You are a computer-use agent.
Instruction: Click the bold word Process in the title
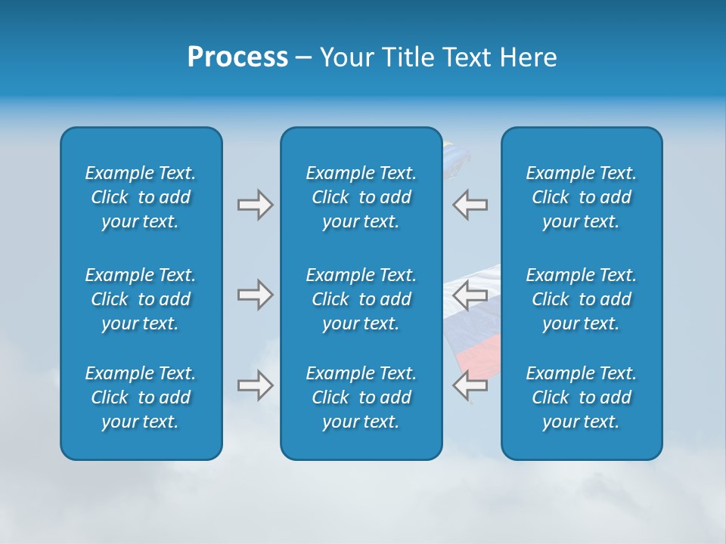click(x=237, y=57)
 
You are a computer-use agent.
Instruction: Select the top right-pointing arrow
click(x=255, y=205)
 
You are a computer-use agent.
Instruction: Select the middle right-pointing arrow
click(x=255, y=295)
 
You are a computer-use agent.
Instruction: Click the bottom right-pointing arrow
click(x=255, y=385)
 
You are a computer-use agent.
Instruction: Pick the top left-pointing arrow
click(x=470, y=205)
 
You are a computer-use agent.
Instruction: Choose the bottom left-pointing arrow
click(x=470, y=385)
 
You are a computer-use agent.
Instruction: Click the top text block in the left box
click(x=141, y=197)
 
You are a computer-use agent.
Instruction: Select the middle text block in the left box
click(x=141, y=299)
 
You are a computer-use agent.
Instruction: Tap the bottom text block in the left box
click(x=141, y=397)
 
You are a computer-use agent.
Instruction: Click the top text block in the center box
click(x=361, y=197)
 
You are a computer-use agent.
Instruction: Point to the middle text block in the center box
click(x=361, y=299)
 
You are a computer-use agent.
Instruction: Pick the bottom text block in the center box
click(x=361, y=397)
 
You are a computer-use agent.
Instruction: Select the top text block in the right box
click(x=582, y=197)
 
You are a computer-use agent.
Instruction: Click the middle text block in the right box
click(x=582, y=299)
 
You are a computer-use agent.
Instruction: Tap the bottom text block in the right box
click(x=582, y=397)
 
